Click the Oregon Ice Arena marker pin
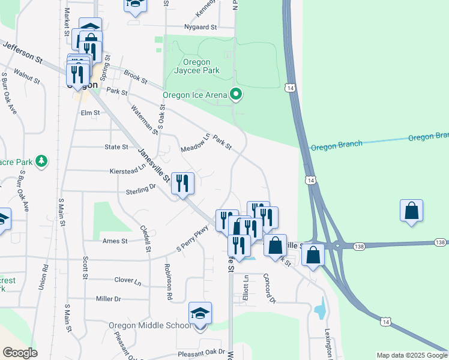237,94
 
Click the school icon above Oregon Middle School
200,314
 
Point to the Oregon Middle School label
150,325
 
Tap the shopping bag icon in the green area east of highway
411,211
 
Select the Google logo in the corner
20,353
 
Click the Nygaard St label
200,27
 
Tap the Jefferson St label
23,52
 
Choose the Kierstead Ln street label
128,171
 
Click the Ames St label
116,241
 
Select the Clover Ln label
127,280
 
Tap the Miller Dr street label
108,298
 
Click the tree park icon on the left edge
41,161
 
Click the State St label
116,146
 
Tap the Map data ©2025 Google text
411,355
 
